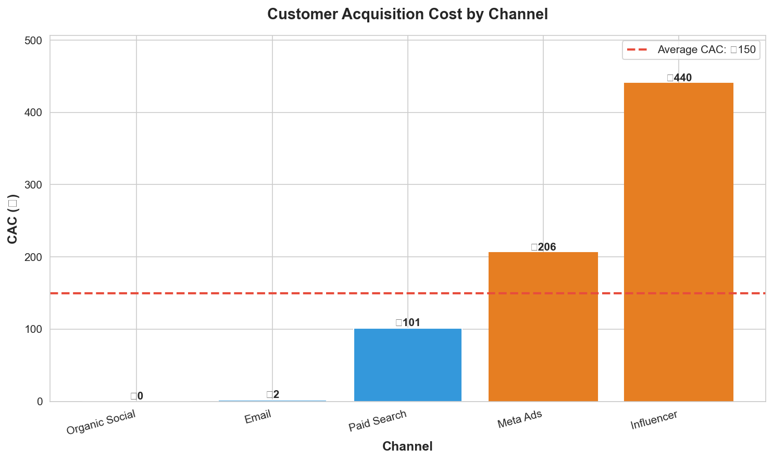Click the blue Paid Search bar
[x=407, y=365]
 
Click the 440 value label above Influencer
[x=679, y=78]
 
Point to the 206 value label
[x=543, y=247]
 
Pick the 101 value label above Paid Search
[x=408, y=323]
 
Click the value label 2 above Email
[x=273, y=395]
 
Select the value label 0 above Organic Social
[x=137, y=396]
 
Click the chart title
[x=407, y=14]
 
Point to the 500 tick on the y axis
[x=34, y=41]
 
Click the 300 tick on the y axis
[x=34, y=185]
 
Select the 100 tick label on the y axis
[x=34, y=329]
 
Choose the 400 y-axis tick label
[x=34, y=113]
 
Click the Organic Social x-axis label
[x=101, y=422]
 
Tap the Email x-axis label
[x=258, y=417]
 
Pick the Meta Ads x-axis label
[x=519, y=419]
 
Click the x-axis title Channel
[x=407, y=446]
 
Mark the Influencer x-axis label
[x=654, y=420]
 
